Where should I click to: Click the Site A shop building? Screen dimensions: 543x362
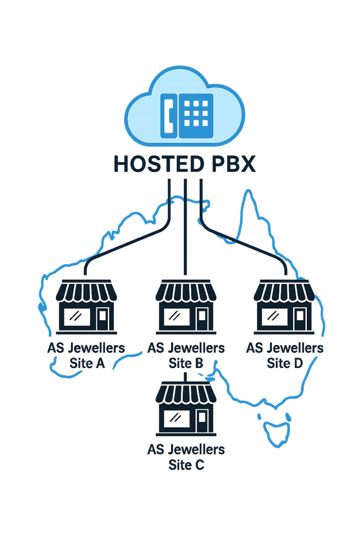click(x=86, y=307)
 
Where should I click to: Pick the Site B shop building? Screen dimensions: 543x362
click(x=186, y=307)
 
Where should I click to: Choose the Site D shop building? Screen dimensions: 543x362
click(x=285, y=307)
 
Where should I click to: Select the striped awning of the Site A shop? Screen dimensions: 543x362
click(x=86, y=291)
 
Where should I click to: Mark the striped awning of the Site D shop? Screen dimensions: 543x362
click(x=285, y=291)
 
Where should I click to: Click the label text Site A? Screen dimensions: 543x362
click(x=86, y=364)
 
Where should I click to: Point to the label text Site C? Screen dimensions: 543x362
click(x=186, y=466)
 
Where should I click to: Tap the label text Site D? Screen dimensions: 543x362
click(x=285, y=364)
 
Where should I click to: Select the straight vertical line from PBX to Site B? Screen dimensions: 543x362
click(x=185, y=233)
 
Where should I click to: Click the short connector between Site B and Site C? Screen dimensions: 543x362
click(x=185, y=375)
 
